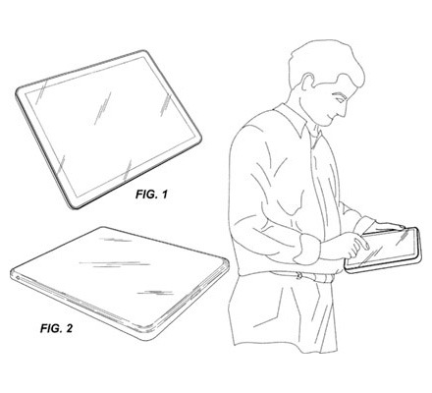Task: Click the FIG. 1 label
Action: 151,195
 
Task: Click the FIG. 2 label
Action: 57,328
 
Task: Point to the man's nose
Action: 344,111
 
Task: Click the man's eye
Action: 339,98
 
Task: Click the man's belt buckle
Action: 299,275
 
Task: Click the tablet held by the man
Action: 383,251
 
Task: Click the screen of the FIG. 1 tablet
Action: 112,126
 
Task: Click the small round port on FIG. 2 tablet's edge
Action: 17,278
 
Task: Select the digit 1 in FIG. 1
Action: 164,195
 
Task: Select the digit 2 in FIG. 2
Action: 69,328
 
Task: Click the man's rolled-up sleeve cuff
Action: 306,249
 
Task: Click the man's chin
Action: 327,124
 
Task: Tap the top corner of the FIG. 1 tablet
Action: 144,51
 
